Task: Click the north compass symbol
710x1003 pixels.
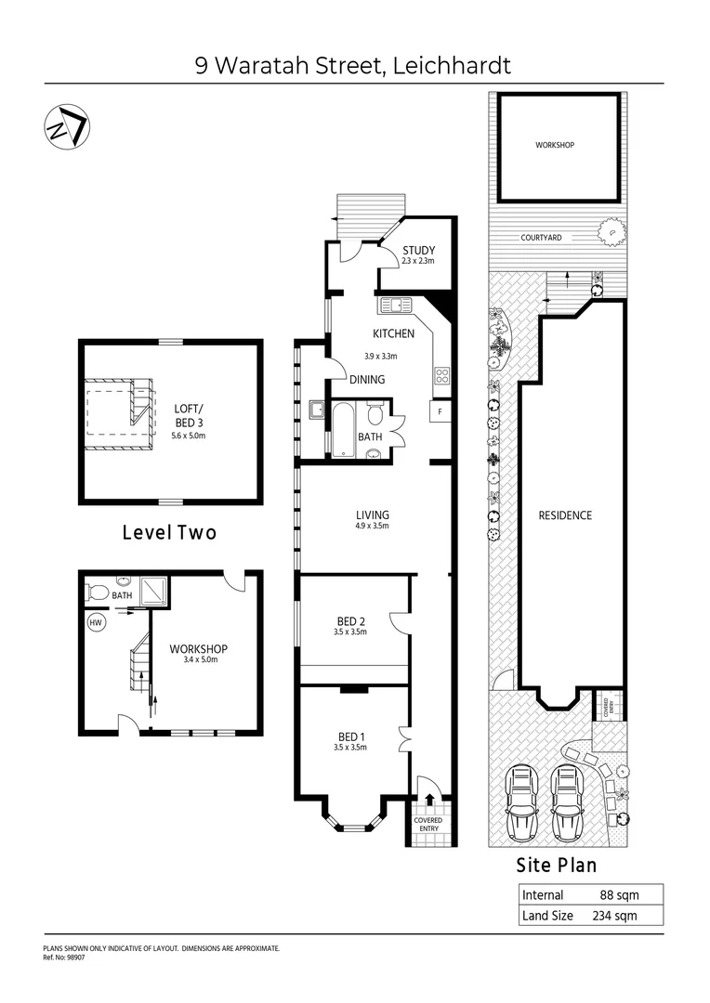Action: pyautogui.click(x=66, y=125)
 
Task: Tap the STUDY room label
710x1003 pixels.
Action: pyautogui.click(x=418, y=251)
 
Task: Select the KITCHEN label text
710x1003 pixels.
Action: pyautogui.click(x=393, y=333)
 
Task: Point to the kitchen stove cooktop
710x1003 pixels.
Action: pyautogui.click(x=440, y=376)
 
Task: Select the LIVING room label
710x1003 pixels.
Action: pyautogui.click(x=373, y=515)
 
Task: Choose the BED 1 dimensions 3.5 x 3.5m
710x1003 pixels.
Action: pyautogui.click(x=350, y=747)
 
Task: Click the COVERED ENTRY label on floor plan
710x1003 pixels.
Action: pyautogui.click(x=428, y=826)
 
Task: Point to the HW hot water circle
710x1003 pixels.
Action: pyautogui.click(x=95, y=623)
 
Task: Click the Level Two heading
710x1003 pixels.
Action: pyautogui.click(x=169, y=533)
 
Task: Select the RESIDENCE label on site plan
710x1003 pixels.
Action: pyautogui.click(x=565, y=515)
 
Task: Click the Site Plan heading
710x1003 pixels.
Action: pyautogui.click(x=557, y=866)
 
